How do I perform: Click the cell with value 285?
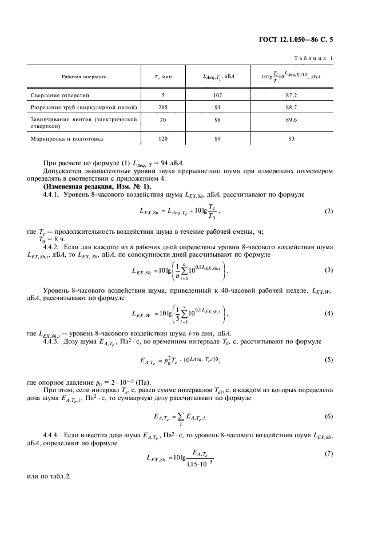164,107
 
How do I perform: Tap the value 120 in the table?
164,139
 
